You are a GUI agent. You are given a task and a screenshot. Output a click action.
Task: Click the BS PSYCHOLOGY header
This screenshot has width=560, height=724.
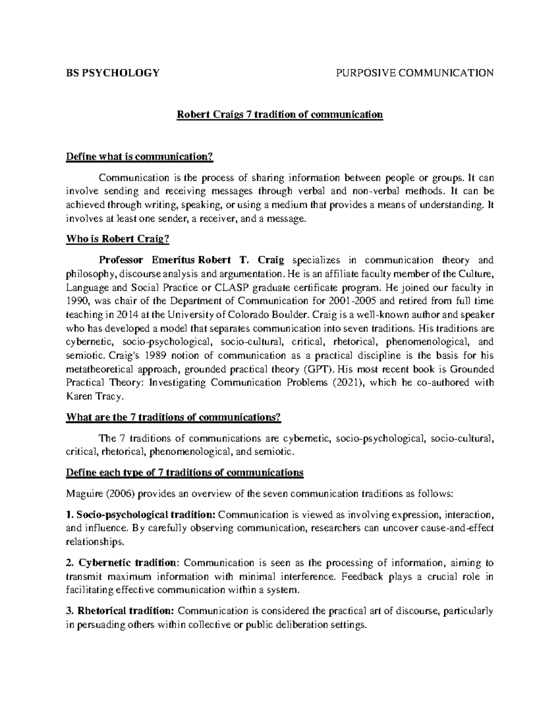(112, 73)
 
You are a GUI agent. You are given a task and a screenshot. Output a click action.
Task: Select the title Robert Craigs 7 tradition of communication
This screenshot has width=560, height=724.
(279, 115)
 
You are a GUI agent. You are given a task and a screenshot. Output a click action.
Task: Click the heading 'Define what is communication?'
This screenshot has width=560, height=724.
(140, 157)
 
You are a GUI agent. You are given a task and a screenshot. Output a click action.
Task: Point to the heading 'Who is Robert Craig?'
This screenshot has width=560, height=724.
(118, 240)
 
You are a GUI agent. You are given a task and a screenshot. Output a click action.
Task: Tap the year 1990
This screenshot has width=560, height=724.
(76, 301)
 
